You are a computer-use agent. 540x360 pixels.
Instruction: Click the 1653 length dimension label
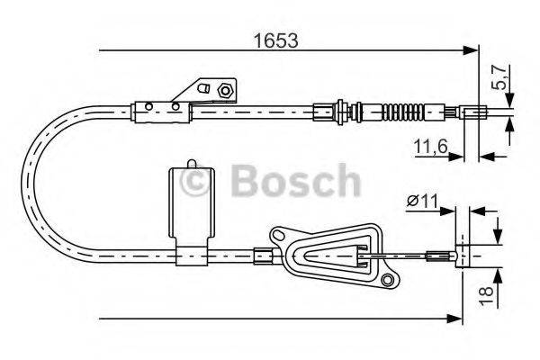tap(274, 40)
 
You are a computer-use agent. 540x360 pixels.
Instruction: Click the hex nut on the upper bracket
tap(225, 90)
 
